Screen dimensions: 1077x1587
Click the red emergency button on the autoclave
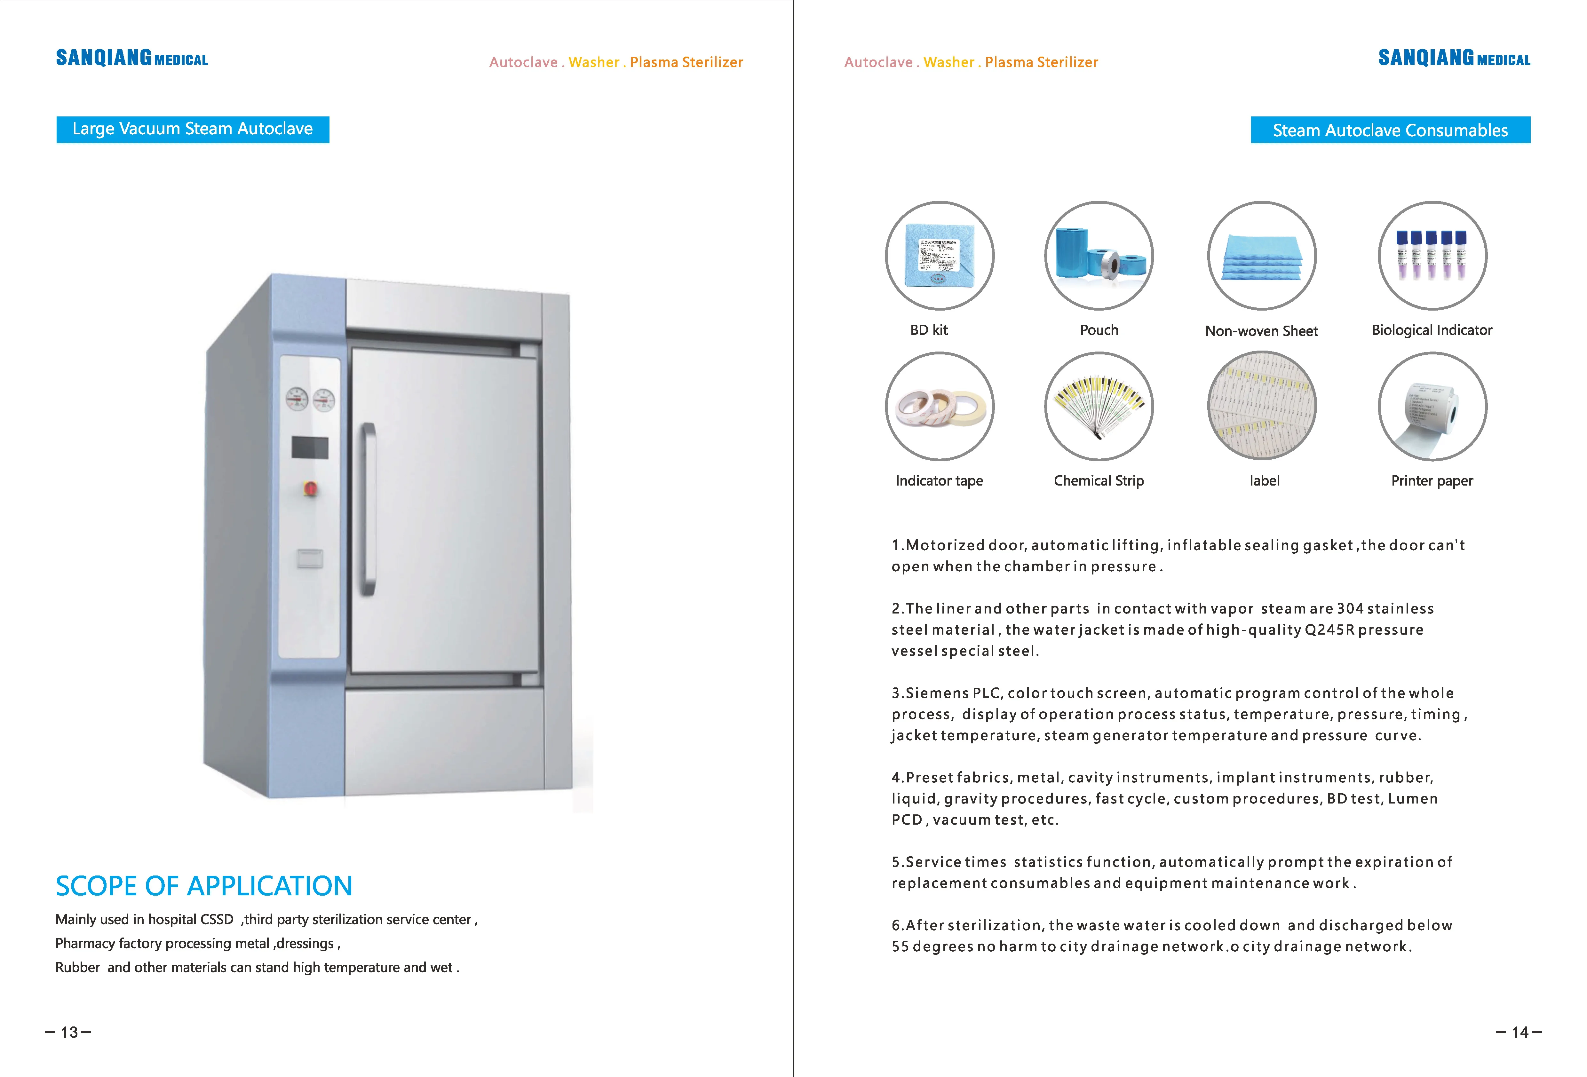[x=310, y=489]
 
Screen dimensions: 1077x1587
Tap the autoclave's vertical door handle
[x=369, y=509]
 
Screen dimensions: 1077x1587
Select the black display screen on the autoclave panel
[x=310, y=447]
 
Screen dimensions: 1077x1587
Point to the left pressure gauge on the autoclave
[x=297, y=399]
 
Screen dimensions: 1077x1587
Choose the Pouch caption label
[x=1099, y=330]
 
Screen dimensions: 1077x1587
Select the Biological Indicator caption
[x=1432, y=330]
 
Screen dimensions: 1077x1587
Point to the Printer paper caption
[x=1432, y=481]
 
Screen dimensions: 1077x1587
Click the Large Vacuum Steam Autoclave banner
[x=193, y=129]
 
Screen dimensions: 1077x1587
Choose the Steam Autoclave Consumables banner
[x=1390, y=130]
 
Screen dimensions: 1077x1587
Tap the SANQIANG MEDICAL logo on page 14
[x=1454, y=58]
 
